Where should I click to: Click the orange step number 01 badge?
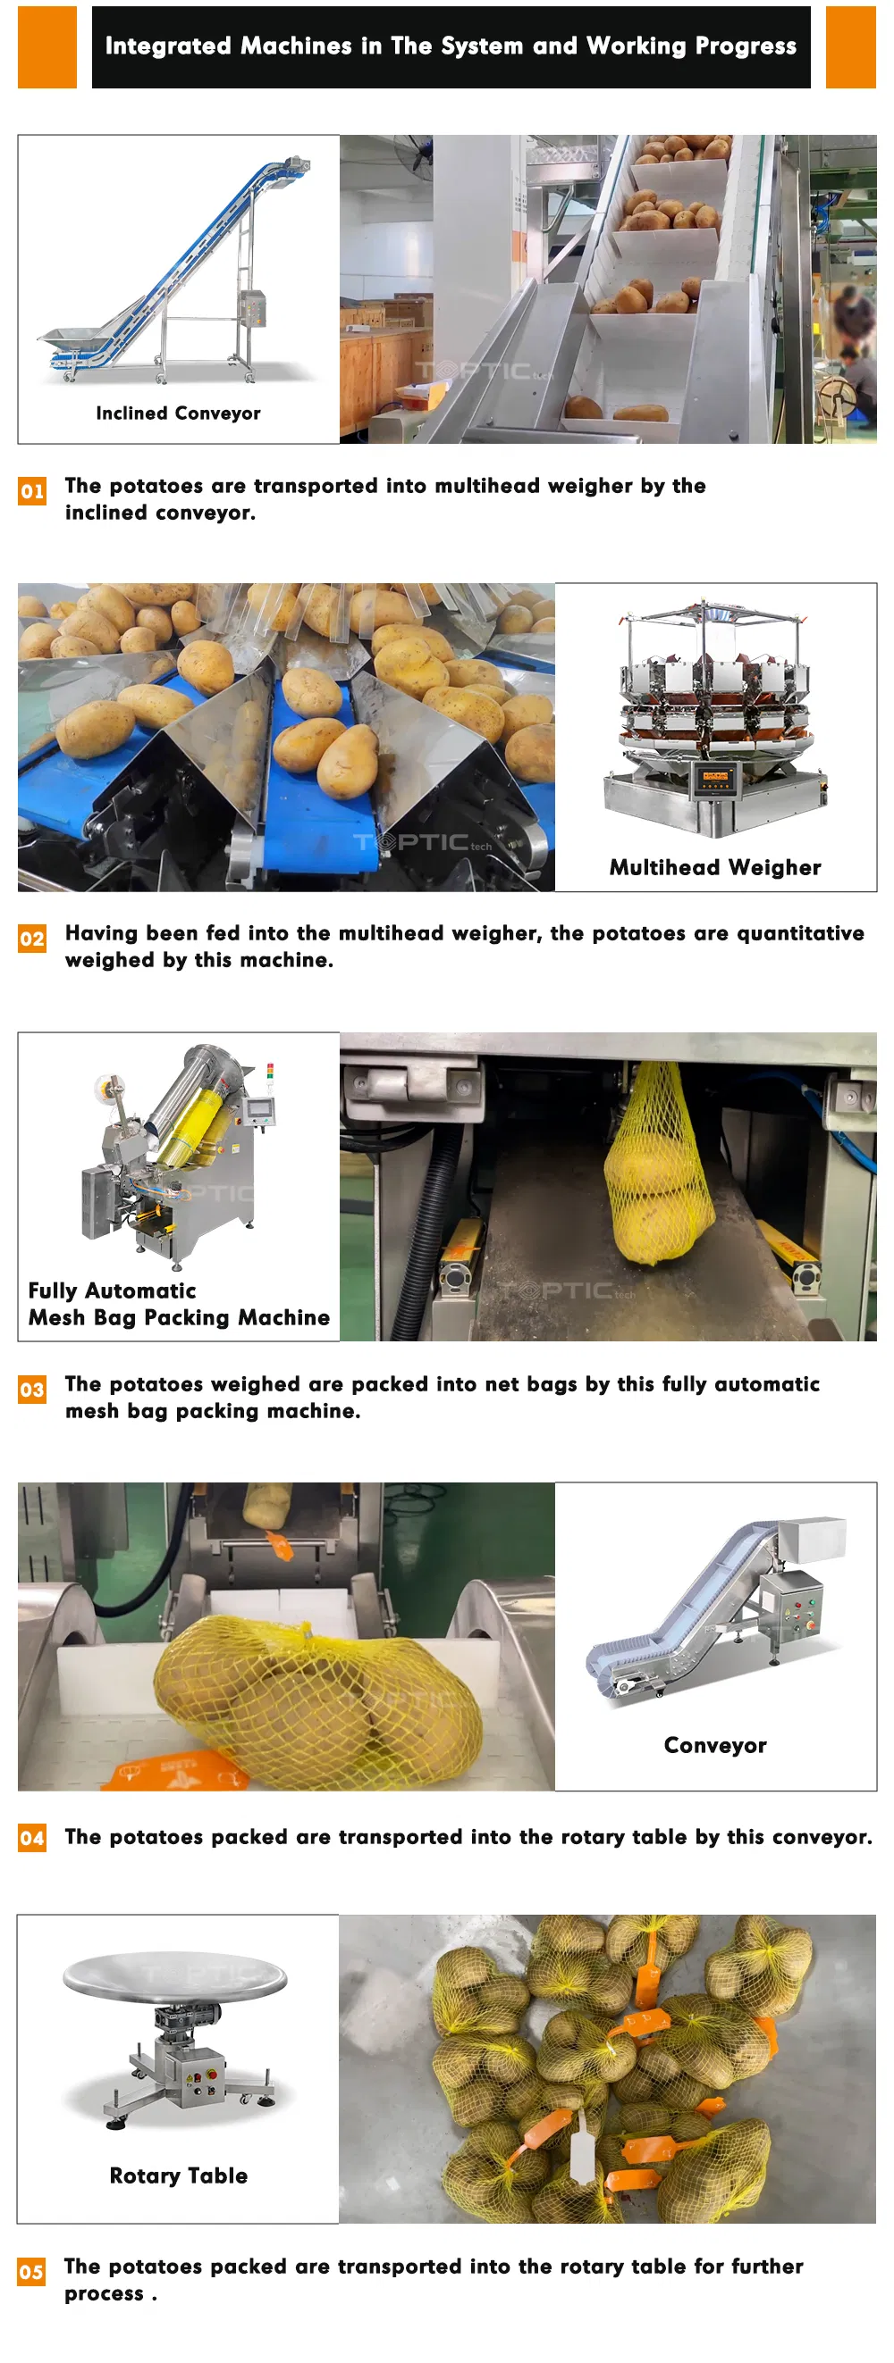coord(32,491)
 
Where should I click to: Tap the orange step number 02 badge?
coord(32,939)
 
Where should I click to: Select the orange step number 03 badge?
coord(32,1389)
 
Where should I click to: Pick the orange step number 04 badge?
coord(32,1837)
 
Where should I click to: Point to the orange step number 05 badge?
coord(32,2271)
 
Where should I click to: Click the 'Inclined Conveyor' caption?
coord(178,413)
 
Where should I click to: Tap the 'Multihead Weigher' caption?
coord(715,867)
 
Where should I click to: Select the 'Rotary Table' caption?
coord(178,2175)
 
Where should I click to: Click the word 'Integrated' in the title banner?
coord(168,46)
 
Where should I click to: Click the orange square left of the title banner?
coord(46,46)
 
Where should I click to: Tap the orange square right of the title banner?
coord(851,46)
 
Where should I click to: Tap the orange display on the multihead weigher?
coord(714,776)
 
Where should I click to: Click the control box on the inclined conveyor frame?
coord(252,308)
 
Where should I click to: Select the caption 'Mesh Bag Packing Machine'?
coord(179,1317)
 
